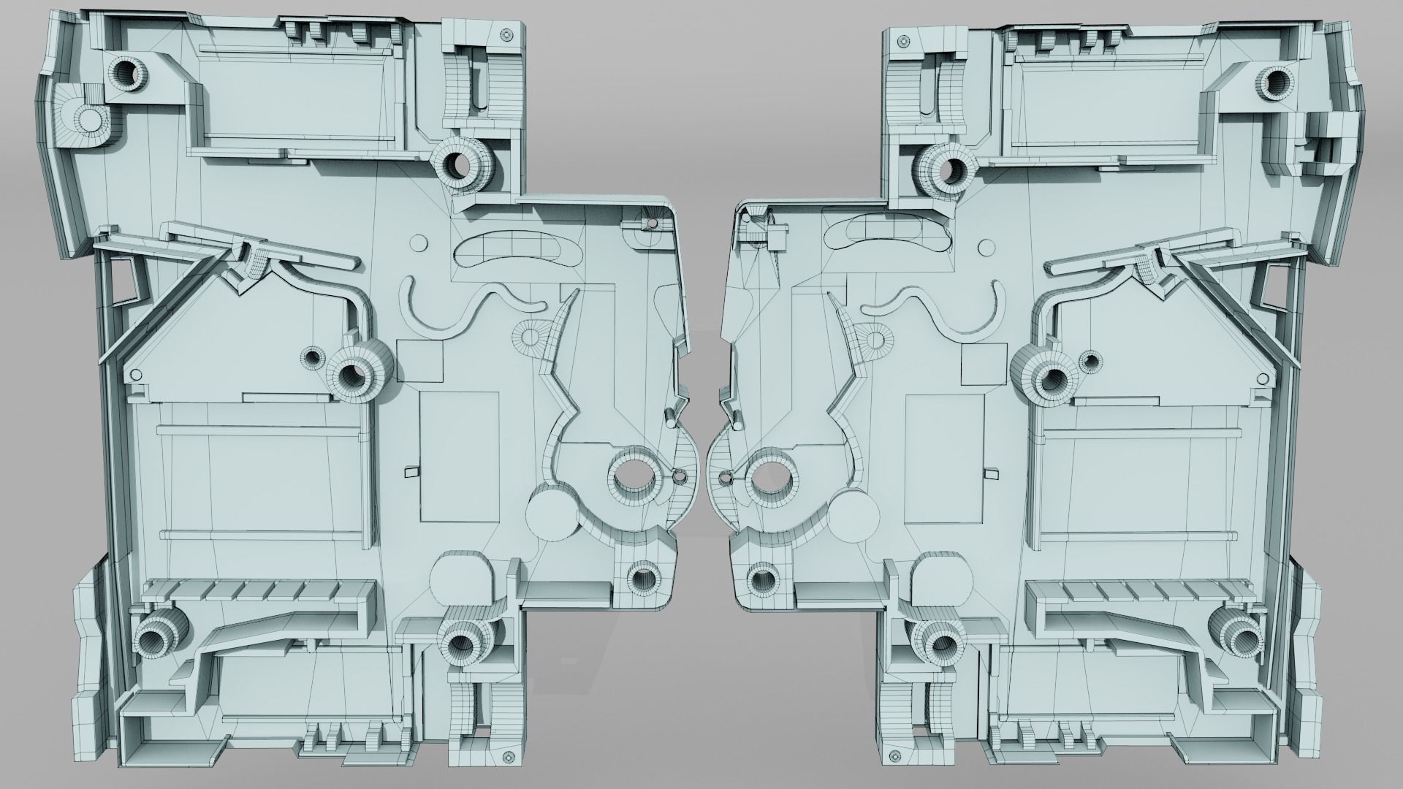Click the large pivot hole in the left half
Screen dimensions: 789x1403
pyautogui.click(x=633, y=478)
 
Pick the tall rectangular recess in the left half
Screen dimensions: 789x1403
pyautogui.click(x=460, y=456)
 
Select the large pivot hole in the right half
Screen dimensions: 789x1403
pyautogui.click(x=770, y=478)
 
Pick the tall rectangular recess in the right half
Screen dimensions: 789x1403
pyautogui.click(x=943, y=456)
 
